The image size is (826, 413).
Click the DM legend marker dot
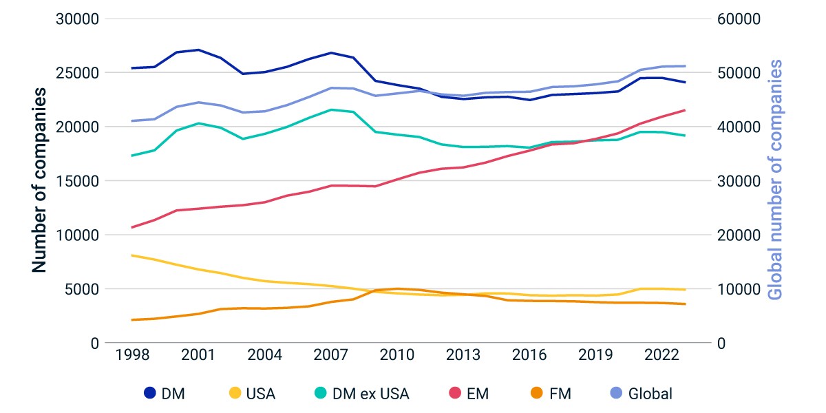(x=150, y=393)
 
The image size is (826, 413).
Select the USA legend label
(x=261, y=394)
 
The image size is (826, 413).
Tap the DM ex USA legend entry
(x=362, y=394)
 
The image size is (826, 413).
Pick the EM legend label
(x=478, y=394)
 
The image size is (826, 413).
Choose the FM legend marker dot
(x=536, y=393)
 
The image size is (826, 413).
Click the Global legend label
(x=650, y=394)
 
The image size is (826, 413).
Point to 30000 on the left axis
(x=77, y=19)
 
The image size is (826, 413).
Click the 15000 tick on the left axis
(x=77, y=181)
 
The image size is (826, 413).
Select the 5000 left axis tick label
(x=82, y=290)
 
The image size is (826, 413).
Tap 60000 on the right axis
(x=739, y=19)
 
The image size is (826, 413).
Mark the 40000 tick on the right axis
(x=739, y=127)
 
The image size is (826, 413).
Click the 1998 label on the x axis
(x=132, y=354)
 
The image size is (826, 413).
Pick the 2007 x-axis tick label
(x=331, y=354)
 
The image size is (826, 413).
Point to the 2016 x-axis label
(x=529, y=354)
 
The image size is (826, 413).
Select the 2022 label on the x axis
(x=661, y=354)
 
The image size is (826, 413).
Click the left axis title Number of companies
(x=39, y=180)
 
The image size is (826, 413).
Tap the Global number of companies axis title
(x=775, y=180)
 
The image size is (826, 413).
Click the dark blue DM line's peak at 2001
(x=198, y=50)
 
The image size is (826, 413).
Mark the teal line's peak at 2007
(x=331, y=109)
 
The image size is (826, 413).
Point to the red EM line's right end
(x=685, y=110)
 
